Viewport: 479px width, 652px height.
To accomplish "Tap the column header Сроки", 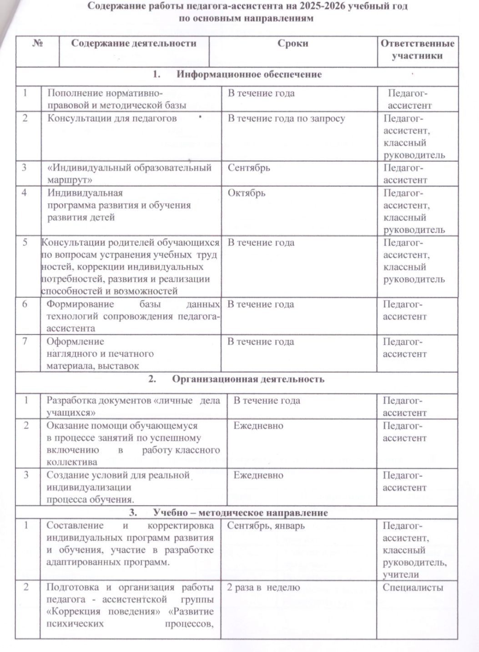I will [292, 44].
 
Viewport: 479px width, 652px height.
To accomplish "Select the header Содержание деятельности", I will [134, 44].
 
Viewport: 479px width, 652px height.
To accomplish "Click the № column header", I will [38, 44].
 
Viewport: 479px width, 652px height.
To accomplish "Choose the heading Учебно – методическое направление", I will [240, 513].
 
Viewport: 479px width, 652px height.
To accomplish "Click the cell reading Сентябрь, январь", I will [266, 526].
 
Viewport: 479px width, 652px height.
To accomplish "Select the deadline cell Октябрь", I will [246, 193].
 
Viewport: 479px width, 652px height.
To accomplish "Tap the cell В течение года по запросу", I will [286, 118].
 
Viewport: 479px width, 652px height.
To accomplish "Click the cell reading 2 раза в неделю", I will [263, 587].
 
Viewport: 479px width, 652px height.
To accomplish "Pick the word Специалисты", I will [413, 587].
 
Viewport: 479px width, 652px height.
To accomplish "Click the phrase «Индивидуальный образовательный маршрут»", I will [129, 173].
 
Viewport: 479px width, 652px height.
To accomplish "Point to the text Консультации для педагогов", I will [112, 118].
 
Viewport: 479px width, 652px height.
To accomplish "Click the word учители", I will [400, 575].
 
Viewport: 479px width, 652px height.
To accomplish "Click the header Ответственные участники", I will [417, 50].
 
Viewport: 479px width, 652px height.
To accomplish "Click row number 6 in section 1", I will [26, 304].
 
